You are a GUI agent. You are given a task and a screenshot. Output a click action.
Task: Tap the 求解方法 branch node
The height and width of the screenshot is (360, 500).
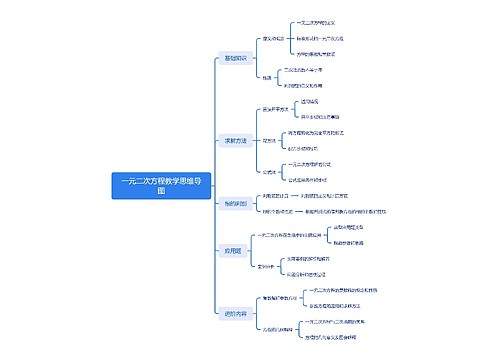click(235, 140)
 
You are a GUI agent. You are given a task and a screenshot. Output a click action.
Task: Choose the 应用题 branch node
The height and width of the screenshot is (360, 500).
click(233, 249)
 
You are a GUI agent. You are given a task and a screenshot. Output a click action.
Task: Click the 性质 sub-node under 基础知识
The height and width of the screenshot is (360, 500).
click(267, 77)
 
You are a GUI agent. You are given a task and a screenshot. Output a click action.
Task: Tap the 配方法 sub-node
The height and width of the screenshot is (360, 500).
click(269, 141)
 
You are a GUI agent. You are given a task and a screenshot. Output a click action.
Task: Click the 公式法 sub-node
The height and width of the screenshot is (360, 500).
click(269, 172)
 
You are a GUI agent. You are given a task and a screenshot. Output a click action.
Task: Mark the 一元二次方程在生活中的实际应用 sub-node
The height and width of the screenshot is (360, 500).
click(299, 234)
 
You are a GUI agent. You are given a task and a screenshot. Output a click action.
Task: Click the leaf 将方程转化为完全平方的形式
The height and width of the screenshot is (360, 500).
click(317, 133)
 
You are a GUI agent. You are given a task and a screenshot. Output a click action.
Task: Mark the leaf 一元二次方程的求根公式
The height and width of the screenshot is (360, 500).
click(309, 164)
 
